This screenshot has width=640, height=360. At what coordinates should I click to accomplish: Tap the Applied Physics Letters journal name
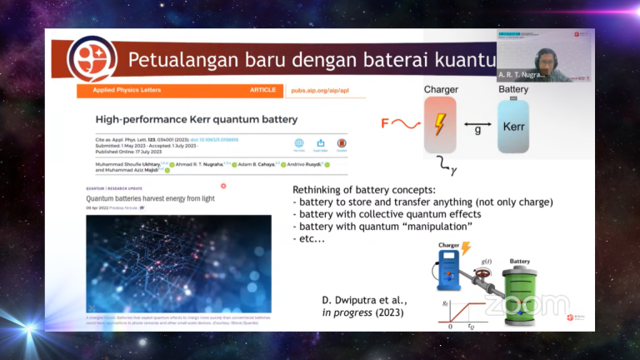117,90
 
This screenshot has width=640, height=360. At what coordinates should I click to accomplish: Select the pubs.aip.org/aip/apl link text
319,90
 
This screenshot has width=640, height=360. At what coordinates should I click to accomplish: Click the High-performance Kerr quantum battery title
197,120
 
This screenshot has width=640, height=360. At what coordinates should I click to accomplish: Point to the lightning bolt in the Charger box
439,125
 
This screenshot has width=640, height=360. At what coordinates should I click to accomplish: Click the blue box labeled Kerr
513,126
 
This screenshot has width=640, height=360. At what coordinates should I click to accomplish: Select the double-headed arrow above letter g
476,124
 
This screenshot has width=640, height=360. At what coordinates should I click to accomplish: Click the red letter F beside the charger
385,124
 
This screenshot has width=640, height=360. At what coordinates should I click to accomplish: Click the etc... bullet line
310,238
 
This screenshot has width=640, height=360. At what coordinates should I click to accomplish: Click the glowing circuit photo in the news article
178,262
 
